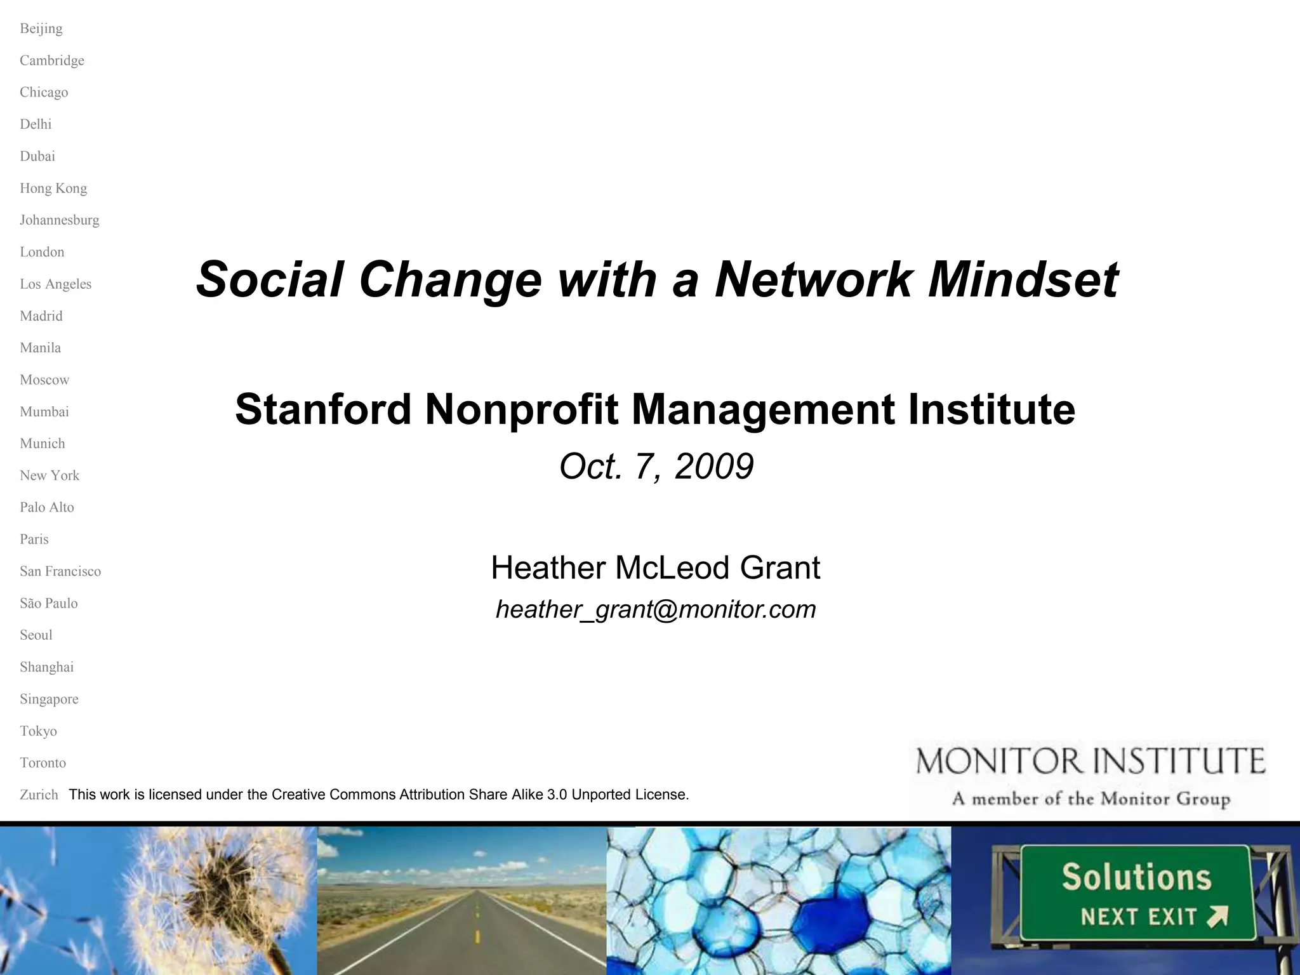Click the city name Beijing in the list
(x=41, y=29)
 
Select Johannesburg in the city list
(x=60, y=220)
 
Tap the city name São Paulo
(x=49, y=603)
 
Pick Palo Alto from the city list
(x=47, y=507)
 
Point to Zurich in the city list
(x=39, y=795)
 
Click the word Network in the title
(x=812, y=279)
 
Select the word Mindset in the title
(x=1023, y=279)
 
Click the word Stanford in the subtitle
(x=323, y=409)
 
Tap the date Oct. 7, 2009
(x=656, y=467)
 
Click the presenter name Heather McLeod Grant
(x=655, y=567)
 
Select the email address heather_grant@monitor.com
(x=655, y=609)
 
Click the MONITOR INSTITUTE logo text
(x=1091, y=761)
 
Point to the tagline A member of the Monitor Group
(x=1091, y=799)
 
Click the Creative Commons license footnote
(x=378, y=795)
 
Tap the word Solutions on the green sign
(x=1136, y=878)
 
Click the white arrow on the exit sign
(x=1217, y=916)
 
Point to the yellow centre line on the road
(x=477, y=933)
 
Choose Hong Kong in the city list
(x=53, y=189)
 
